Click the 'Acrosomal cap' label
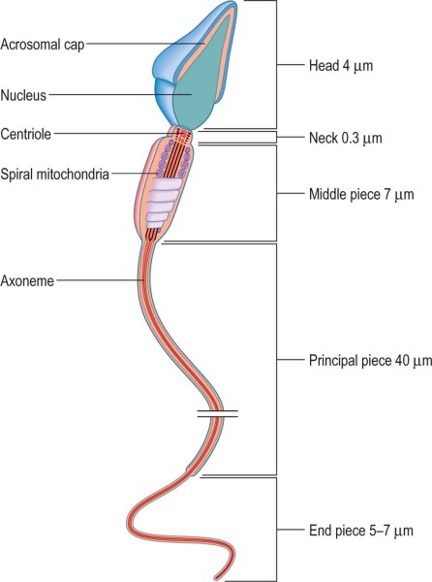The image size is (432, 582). coord(43,45)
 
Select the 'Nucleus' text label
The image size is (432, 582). coord(23,95)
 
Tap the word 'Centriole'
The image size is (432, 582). coord(25,134)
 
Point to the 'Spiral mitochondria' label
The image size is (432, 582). coord(55,174)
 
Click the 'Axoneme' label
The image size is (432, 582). coord(27,280)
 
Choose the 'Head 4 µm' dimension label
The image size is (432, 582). coord(341,66)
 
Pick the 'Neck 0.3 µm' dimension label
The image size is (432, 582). coord(345,138)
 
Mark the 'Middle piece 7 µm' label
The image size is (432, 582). coord(361,194)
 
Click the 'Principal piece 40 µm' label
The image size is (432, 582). coord(370,361)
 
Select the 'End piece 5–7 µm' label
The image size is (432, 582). coord(361,531)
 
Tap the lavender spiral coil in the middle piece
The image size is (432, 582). coord(163,203)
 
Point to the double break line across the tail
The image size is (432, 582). coord(218,413)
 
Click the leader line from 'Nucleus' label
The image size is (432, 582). coord(120,95)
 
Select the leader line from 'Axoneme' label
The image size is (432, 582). coord(100,280)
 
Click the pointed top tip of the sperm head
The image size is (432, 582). coord(233,2)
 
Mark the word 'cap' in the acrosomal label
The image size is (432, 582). coord(75,46)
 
